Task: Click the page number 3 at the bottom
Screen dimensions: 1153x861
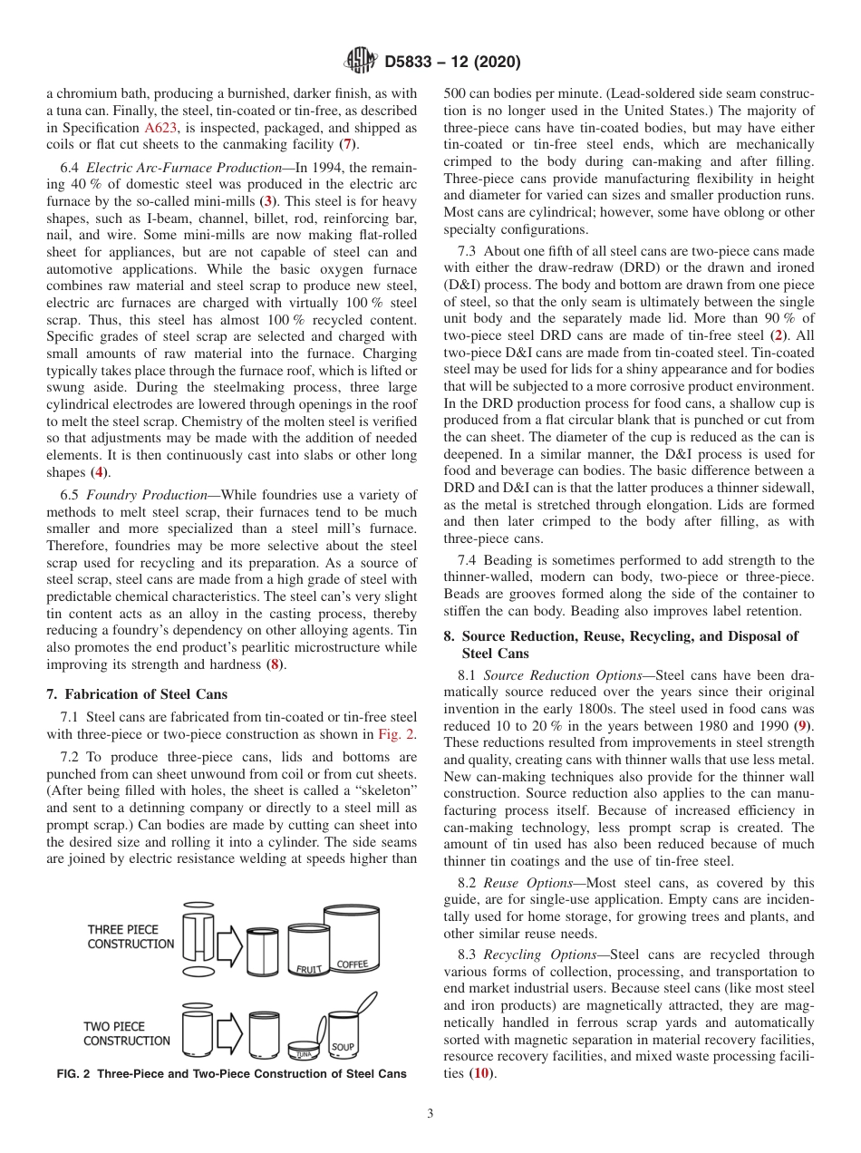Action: (x=430, y=1113)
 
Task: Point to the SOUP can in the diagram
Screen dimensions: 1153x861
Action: (x=343, y=1034)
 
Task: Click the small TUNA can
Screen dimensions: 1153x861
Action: (x=304, y=1050)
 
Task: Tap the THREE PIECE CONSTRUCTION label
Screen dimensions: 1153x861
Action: (x=131, y=936)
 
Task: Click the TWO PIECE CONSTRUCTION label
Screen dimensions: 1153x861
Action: (x=127, y=1033)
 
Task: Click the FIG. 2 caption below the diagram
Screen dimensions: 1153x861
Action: (x=231, y=1073)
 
